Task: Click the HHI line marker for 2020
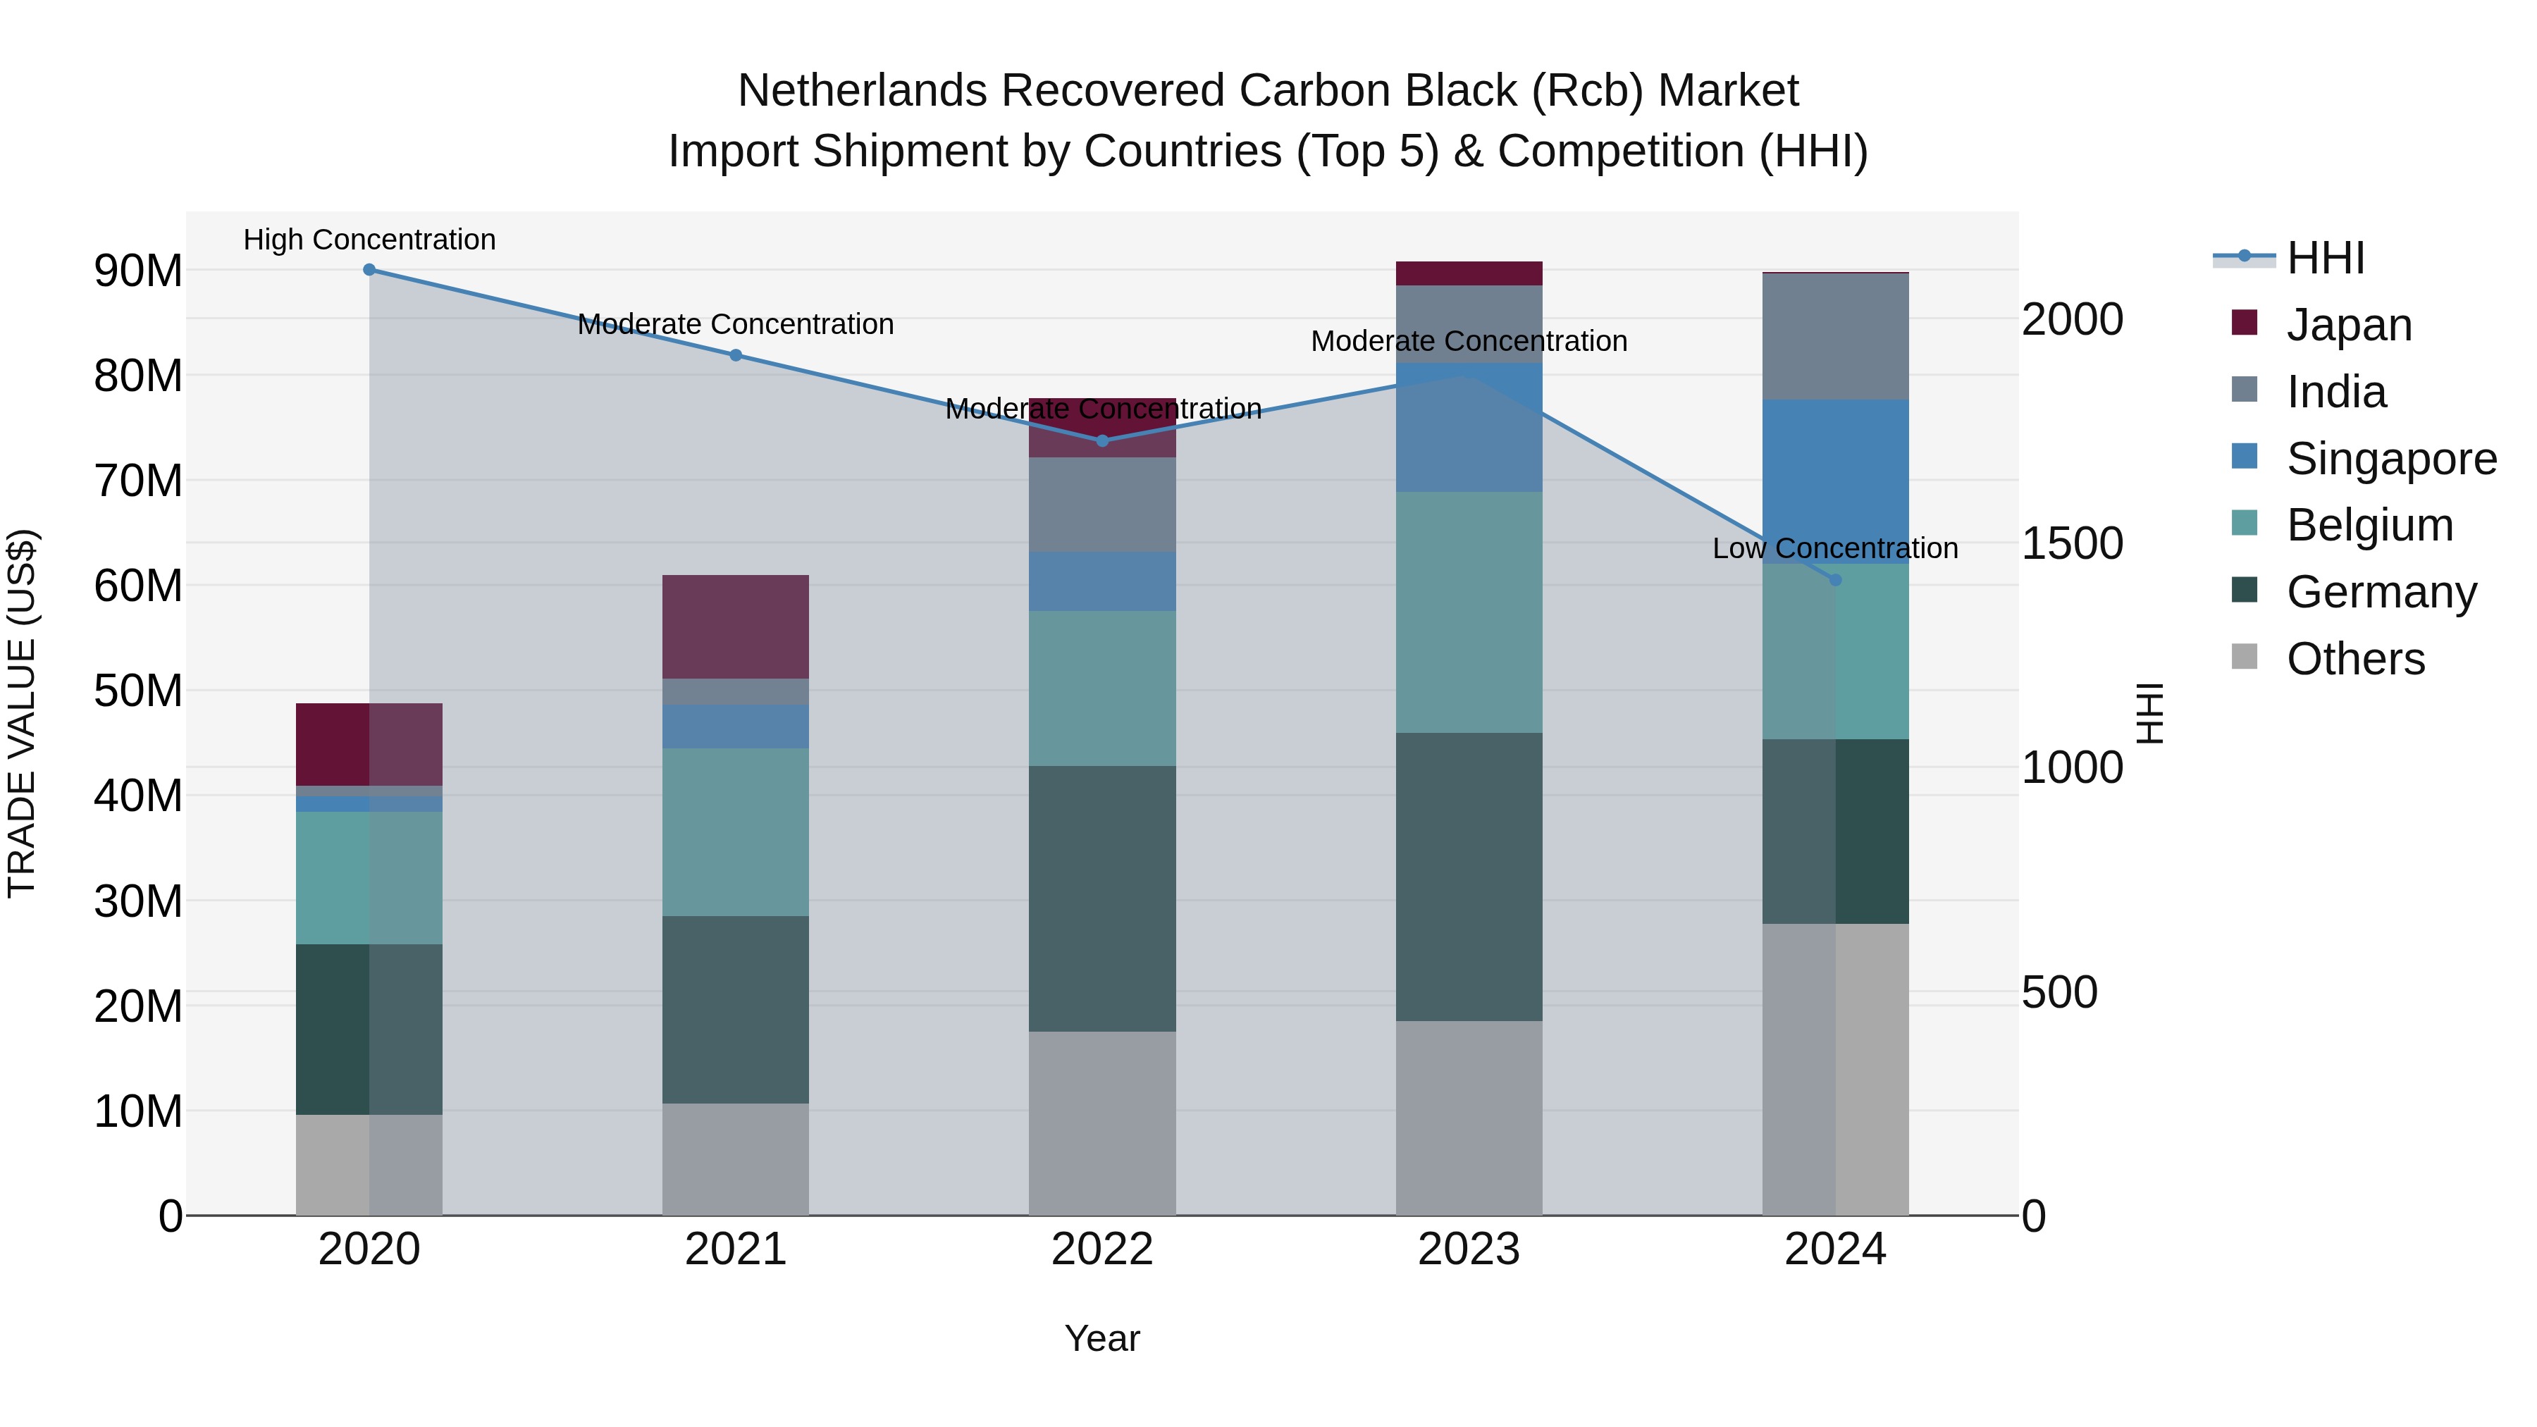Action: pos(369,270)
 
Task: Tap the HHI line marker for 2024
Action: pos(1835,580)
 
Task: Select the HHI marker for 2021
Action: pos(736,356)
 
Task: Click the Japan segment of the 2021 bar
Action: pos(736,626)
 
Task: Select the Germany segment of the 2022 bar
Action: pos(1102,898)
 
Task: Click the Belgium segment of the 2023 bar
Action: pos(1469,612)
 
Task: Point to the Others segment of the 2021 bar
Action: pos(736,1159)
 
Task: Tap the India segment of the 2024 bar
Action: pos(1835,337)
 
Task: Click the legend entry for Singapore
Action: pos(2390,459)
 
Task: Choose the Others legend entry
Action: pos(2354,659)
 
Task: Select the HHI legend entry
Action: pos(2324,258)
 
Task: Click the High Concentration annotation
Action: pos(369,240)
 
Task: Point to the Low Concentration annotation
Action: pos(1835,548)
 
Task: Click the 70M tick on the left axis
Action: pos(138,481)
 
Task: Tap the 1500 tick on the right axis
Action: pos(2072,543)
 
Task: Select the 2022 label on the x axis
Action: pos(1102,1249)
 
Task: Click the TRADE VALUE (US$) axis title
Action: pos(22,713)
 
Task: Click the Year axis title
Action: pos(1102,1338)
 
